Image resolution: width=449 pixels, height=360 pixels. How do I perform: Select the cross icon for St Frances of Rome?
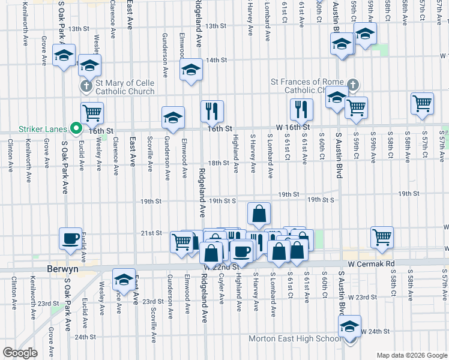(x=353, y=85)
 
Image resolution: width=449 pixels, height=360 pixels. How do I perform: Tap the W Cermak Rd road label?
(x=370, y=263)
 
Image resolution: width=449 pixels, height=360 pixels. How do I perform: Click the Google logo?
(x=20, y=353)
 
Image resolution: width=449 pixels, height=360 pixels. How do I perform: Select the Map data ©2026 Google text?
(x=412, y=355)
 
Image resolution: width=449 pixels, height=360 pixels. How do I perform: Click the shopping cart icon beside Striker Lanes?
(x=92, y=112)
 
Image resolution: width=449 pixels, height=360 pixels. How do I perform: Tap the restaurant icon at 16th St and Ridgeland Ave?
(x=212, y=110)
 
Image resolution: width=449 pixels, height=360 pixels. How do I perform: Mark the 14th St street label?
(x=216, y=60)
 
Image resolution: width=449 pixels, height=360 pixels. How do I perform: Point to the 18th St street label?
(x=218, y=163)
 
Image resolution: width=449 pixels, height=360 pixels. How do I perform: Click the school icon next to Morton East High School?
(x=349, y=326)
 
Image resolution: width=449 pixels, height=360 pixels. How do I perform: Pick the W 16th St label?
(x=293, y=127)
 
